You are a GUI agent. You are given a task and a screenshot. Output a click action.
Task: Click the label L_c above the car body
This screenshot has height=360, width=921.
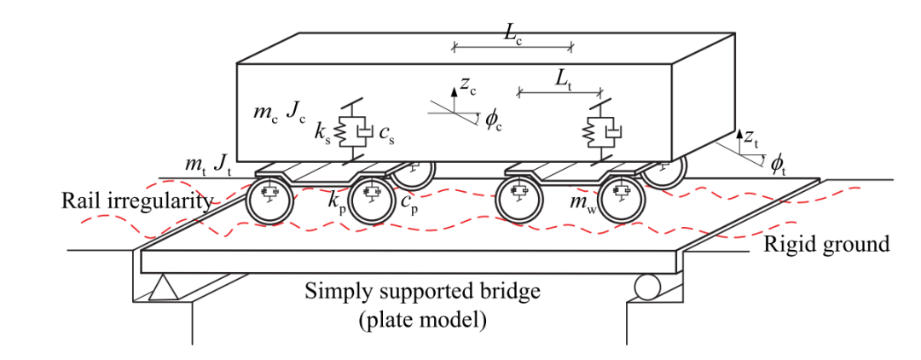coord(513,33)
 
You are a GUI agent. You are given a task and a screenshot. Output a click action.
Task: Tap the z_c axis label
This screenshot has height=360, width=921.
coord(466,84)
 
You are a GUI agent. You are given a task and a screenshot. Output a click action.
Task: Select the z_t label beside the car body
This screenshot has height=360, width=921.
coord(750,136)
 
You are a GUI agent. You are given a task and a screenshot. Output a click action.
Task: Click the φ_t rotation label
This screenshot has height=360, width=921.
coord(777,164)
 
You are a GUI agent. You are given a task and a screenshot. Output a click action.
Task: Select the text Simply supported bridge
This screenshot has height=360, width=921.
coord(423,291)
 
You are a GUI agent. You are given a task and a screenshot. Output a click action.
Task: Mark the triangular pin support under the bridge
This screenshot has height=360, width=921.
coord(162,291)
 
